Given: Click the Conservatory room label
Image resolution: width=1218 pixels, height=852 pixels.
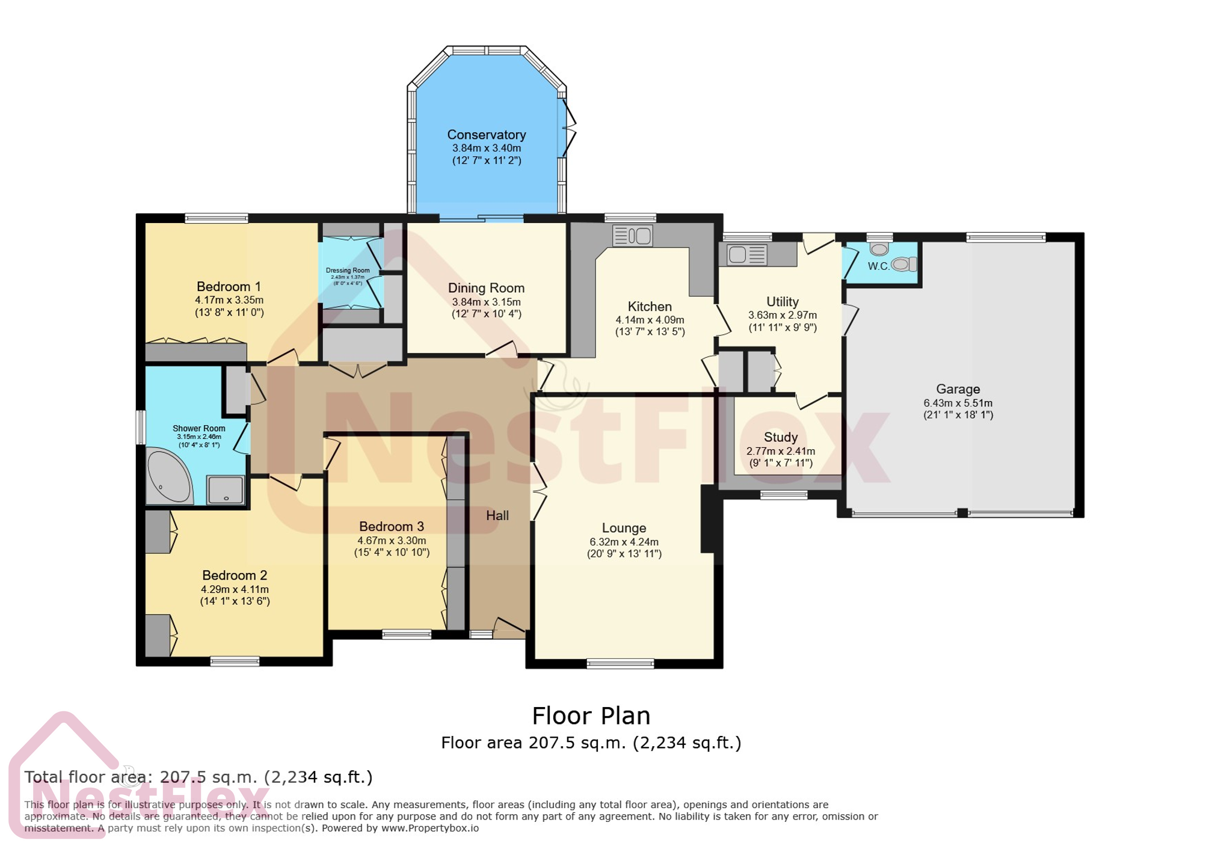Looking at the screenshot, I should point(486,135).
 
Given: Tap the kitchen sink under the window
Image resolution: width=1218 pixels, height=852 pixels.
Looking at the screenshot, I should point(632,235).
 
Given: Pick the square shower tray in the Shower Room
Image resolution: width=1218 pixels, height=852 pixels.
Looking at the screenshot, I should point(226,489).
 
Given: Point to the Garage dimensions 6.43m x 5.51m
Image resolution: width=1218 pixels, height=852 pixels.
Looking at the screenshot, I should point(958,403).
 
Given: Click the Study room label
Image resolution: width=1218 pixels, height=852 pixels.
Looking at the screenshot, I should point(780,437).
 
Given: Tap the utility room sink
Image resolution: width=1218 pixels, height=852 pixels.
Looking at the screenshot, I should point(746,255).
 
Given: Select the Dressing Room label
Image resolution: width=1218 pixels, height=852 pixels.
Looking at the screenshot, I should point(348,271).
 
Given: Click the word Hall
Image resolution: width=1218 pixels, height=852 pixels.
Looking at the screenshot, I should point(497,515).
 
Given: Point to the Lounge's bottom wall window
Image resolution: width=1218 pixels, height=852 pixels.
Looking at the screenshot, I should point(620,664).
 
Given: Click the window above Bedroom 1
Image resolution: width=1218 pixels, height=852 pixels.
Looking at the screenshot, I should point(216,218).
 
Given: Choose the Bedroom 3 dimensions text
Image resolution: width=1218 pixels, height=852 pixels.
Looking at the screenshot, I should point(392,541).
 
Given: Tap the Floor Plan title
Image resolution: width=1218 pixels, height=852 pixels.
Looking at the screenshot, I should point(591,716).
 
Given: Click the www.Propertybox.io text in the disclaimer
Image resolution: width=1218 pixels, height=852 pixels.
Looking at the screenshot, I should point(429,828).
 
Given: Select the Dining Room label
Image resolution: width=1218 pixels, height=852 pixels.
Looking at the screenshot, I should point(486,288).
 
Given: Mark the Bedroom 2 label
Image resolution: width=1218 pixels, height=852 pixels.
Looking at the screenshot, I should point(234,575).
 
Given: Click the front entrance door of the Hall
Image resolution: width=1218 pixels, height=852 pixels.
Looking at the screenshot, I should point(508,629).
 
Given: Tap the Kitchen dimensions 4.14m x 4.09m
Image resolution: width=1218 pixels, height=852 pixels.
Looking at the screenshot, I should point(649,320).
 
